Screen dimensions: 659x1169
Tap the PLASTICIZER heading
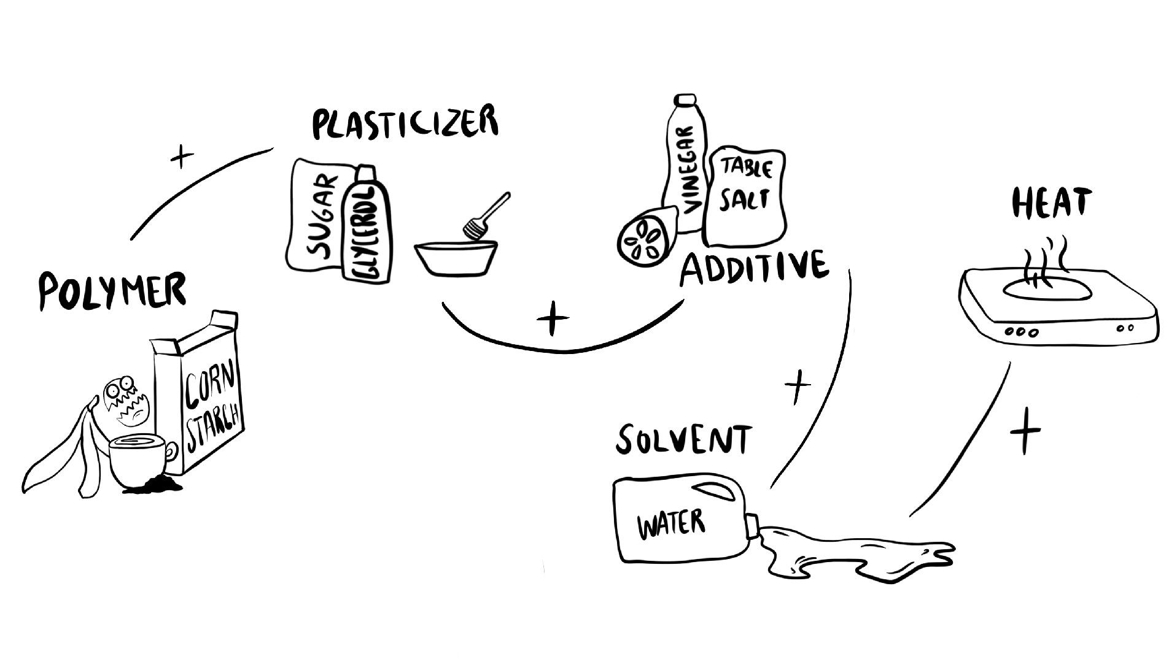pos(405,123)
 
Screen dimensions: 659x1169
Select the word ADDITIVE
pos(754,268)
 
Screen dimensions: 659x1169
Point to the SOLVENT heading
pos(683,438)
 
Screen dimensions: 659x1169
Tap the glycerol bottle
pos(367,227)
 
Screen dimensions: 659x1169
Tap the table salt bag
pos(745,196)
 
